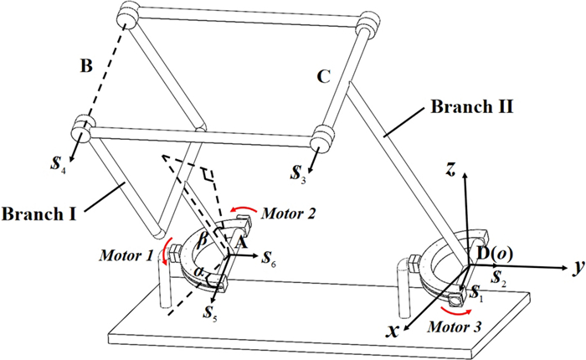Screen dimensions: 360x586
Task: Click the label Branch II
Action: (468, 107)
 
